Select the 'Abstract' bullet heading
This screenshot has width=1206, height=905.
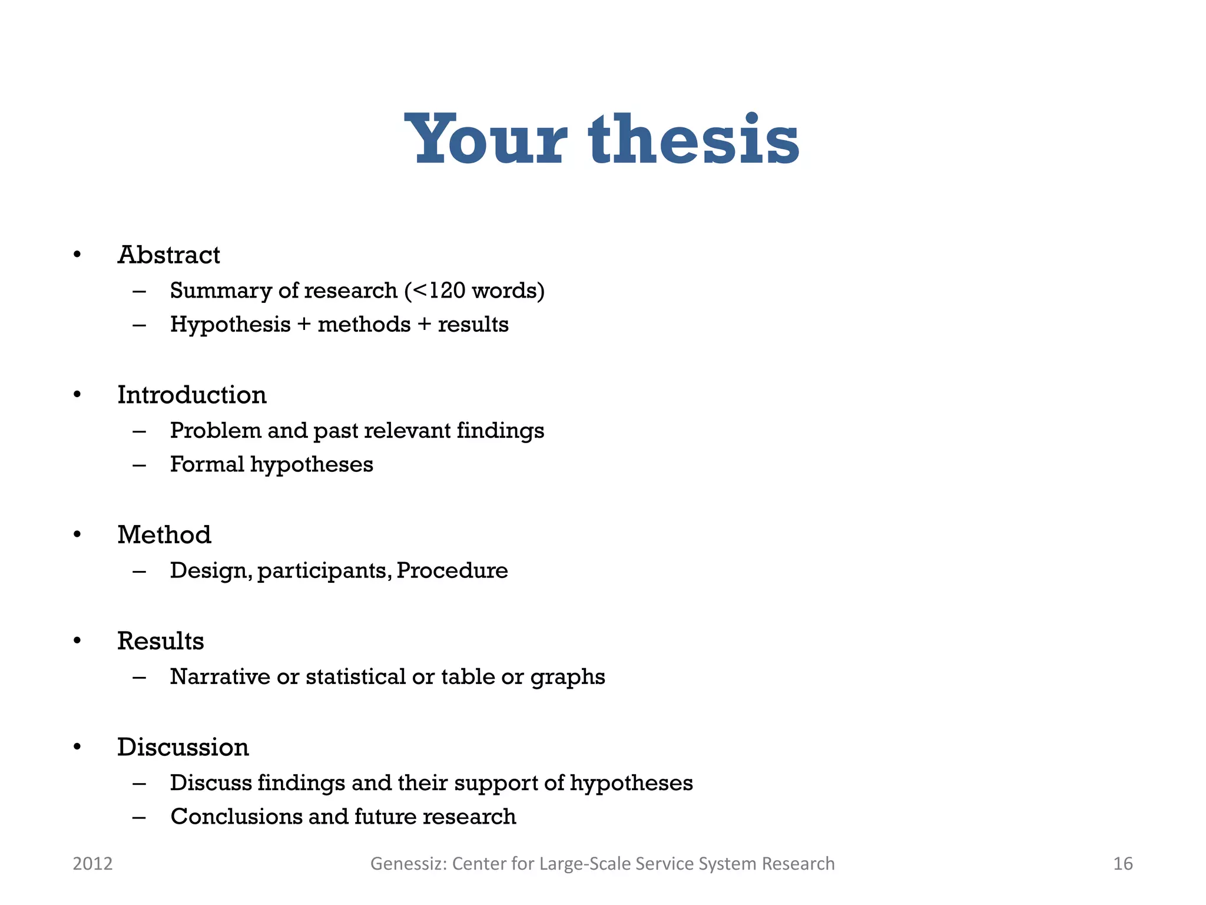[x=168, y=255]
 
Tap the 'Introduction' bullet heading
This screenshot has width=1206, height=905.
[x=192, y=395]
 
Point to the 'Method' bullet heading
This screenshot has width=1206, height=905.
[x=164, y=535]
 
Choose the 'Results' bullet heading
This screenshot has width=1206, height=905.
[x=160, y=641]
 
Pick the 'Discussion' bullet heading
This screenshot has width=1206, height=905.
[x=183, y=747]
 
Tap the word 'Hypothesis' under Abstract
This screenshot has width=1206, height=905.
[x=230, y=325]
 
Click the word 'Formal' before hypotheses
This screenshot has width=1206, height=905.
[x=207, y=464]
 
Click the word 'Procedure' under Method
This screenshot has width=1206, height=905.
[x=452, y=570]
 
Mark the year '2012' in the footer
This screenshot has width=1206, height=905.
[x=92, y=864]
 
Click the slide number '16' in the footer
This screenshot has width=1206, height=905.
[x=1122, y=864]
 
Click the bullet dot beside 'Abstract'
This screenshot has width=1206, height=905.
[x=77, y=255]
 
